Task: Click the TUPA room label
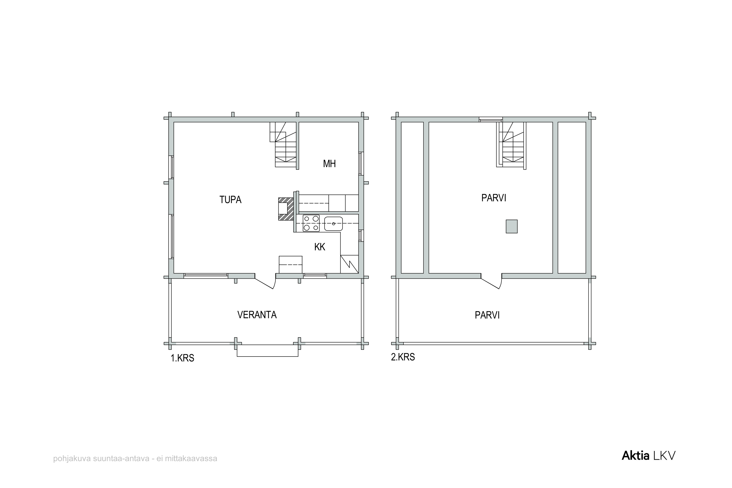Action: [x=230, y=200]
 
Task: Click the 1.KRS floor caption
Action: [x=182, y=358]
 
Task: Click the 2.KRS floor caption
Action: [x=403, y=357]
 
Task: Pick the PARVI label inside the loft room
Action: [x=494, y=198]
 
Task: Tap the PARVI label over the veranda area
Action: [x=487, y=315]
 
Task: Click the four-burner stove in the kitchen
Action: [x=311, y=223]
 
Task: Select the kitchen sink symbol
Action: [x=333, y=224]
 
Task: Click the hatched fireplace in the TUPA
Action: [x=286, y=209]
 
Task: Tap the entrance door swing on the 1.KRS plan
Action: [x=265, y=281]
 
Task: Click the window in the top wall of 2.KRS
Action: [x=491, y=120]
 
